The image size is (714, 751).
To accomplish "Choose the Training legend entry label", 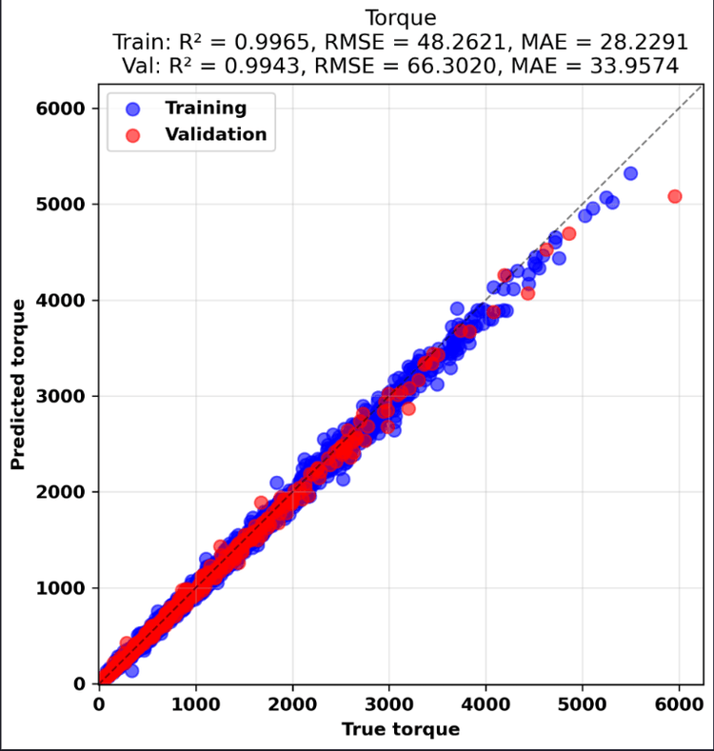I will click(x=206, y=108).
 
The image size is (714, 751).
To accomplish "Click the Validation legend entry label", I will click(x=216, y=134).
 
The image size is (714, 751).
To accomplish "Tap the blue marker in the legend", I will click(x=132, y=109).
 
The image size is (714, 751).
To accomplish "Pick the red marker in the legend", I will click(x=132, y=135).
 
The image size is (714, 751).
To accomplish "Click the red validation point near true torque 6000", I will click(x=675, y=196).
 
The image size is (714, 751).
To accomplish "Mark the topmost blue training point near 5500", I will click(x=630, y=174).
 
